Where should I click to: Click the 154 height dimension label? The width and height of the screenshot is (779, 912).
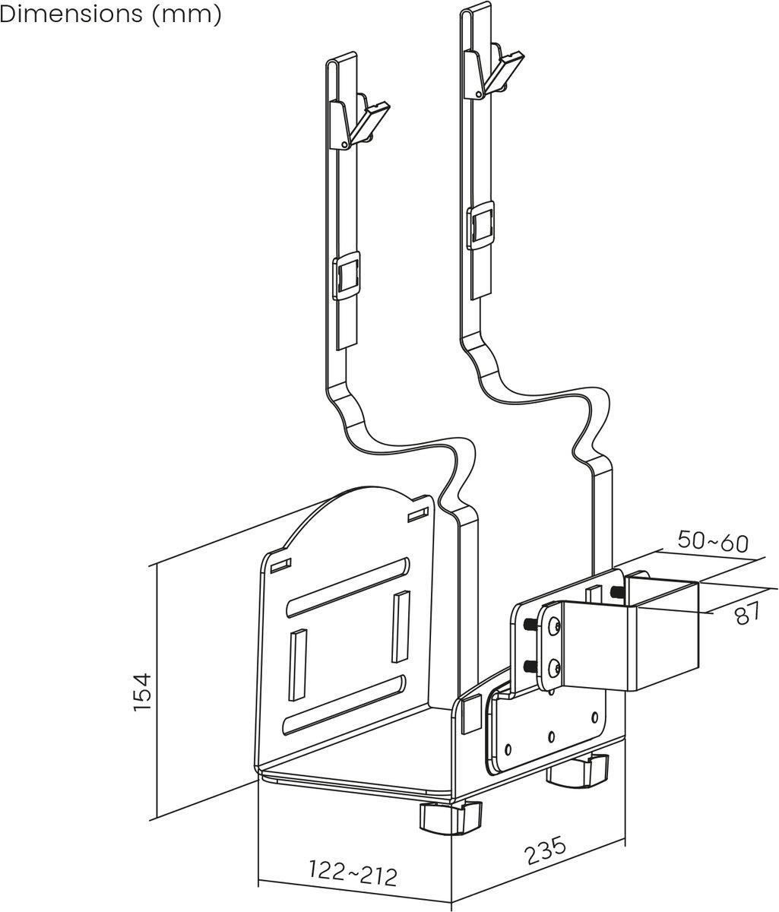pos(144,691)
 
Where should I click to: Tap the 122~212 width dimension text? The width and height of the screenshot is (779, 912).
pos(353,874)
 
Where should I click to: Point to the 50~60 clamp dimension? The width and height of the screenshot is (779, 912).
pos(712,543)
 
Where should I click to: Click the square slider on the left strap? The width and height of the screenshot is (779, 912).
pos(347,275)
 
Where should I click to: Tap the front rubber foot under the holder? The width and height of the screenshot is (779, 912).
pos(450,818)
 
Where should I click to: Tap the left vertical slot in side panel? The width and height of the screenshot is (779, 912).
pos(295,662)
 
